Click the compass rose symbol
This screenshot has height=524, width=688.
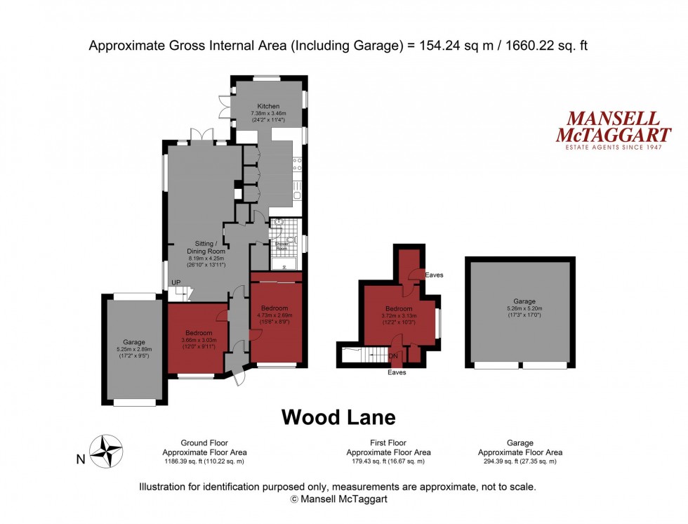[107, 451]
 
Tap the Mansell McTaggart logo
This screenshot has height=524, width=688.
[613, 129]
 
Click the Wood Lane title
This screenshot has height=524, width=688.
[338, 417]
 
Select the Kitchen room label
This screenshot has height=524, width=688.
[268, 106]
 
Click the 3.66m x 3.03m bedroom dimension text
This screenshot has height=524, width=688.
[199, 339]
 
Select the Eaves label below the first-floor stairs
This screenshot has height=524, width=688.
[397, 372]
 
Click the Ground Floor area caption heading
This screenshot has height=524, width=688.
[204, 443]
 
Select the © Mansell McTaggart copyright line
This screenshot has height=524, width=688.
[338, 499]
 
